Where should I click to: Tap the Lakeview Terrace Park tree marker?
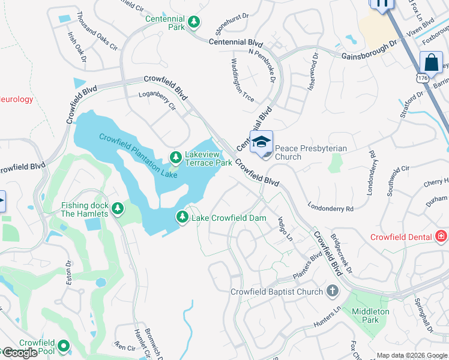point(176,158)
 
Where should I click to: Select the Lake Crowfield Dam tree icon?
point(182,217)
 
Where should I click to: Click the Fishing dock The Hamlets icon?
point(118,209)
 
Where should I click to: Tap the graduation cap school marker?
point(261,143)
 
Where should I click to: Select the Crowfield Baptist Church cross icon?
point(332,292)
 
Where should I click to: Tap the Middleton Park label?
point(370,316)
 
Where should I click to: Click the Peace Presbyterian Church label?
point(304,152)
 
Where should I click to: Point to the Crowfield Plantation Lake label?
point(138,155)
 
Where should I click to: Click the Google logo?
point(20,353)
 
